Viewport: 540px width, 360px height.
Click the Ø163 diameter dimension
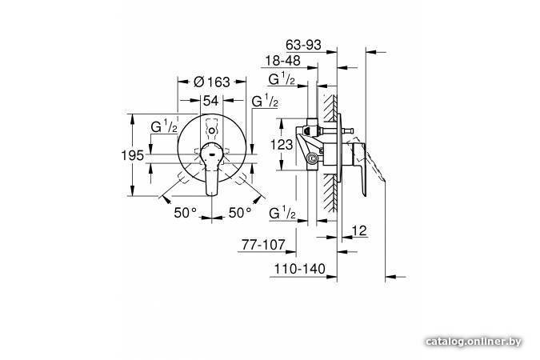coord(211,82)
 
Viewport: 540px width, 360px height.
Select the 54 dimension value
coord(210,101)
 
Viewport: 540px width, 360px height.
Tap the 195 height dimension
coord(132,155)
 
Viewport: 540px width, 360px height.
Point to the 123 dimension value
coord(282,144)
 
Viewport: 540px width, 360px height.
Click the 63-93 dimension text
coord(303,45)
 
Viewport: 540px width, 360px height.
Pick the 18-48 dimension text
coord(282,61)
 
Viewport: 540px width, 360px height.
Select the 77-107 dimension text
coord(263,245)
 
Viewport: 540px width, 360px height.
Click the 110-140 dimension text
coord(299,269)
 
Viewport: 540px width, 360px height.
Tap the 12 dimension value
coord(359,230)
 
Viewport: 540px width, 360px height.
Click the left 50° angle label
coord(185,213)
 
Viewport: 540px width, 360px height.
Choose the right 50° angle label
coord(240,213)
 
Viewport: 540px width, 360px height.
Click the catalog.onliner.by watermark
coord(473,342)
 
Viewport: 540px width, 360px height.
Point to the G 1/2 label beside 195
coord(164,126)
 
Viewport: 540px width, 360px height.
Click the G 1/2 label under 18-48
coord(282,78)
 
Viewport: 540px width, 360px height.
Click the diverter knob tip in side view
coord(350,130)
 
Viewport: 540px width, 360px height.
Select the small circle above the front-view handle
coord(212,131)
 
